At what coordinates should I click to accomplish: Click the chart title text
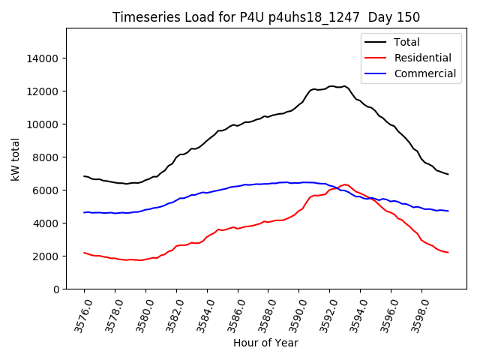[266, 17]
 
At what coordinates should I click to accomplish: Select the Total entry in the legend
[406, 42]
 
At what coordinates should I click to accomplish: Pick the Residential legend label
[422, 58]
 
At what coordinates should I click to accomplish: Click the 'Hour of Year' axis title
[265, 343]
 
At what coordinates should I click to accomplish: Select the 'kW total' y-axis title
[15, 158]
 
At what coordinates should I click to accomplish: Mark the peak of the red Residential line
[344, 184]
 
